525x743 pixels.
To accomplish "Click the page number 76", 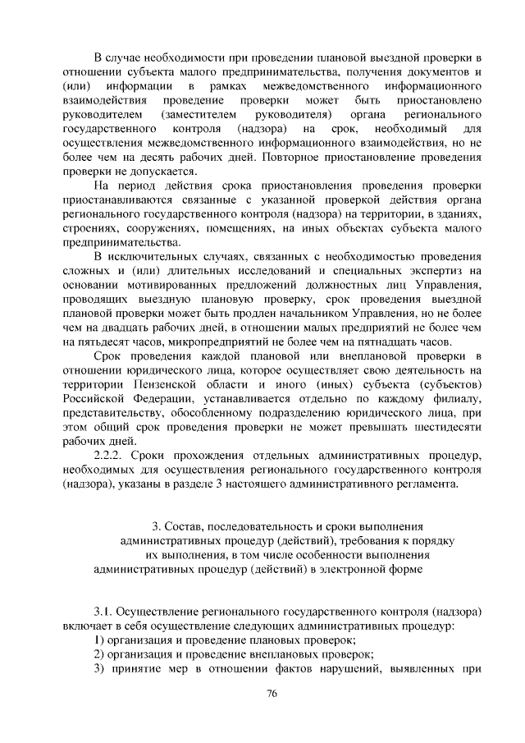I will click(273, 694).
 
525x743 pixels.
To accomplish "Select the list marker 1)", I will click(99, 640).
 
